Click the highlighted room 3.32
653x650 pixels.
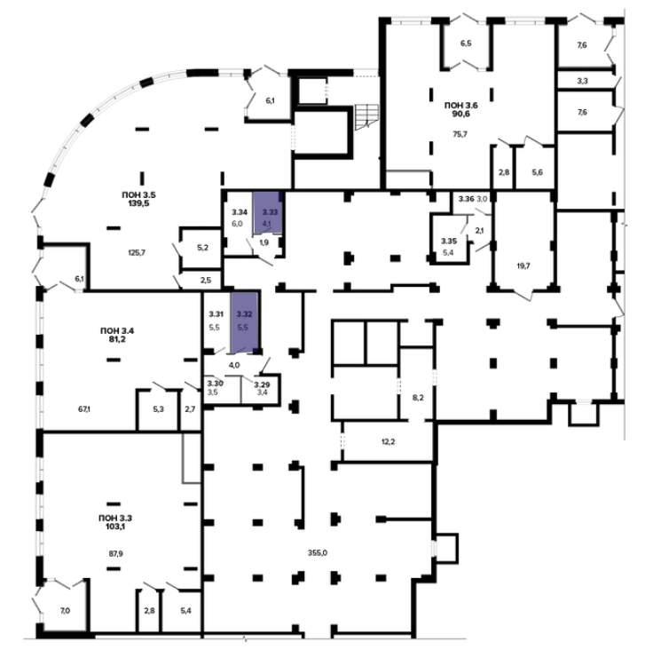pyautogui.click(x=245, y=321)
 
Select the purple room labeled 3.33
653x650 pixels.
pyautogui.click(x=267, y=212)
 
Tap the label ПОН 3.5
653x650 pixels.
pyautogui.click(x=138, y=194)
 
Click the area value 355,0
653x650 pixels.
pyautogui.click(x=318, y=553)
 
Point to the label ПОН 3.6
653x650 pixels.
pyautogui.click(x=461, y=106)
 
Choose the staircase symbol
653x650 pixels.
pyautogui.click(x=366, y=116)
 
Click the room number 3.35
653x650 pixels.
pyautogui.click(x=449, y=241)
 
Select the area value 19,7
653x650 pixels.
pyautogui.click(x=523, y=266)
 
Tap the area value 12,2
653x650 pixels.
pyautogui.click(x=388, y=441)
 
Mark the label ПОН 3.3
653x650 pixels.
pyautogui.click(x=115, y=519)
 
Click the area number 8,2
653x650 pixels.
pyautogui.click(x=418, y=398)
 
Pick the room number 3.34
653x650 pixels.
pyautogui.click(x=240, y=212)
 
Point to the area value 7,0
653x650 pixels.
pyautogui.click(x=65, y=611)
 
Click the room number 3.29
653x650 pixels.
pyautogui.click(x=263, y=384)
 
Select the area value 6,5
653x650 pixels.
pyautogui.click(x=466, y=44)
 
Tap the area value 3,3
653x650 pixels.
pyautogui.click(x=582, y=81)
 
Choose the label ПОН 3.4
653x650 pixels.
pyautogui.click(x=117, y=331)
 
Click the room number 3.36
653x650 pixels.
pyautogui.click(x=467, y=199)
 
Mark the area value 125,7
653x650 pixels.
pyautogui.click(x=137, y=253)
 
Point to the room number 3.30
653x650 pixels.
pyautogui.click(x=216, y=383)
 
